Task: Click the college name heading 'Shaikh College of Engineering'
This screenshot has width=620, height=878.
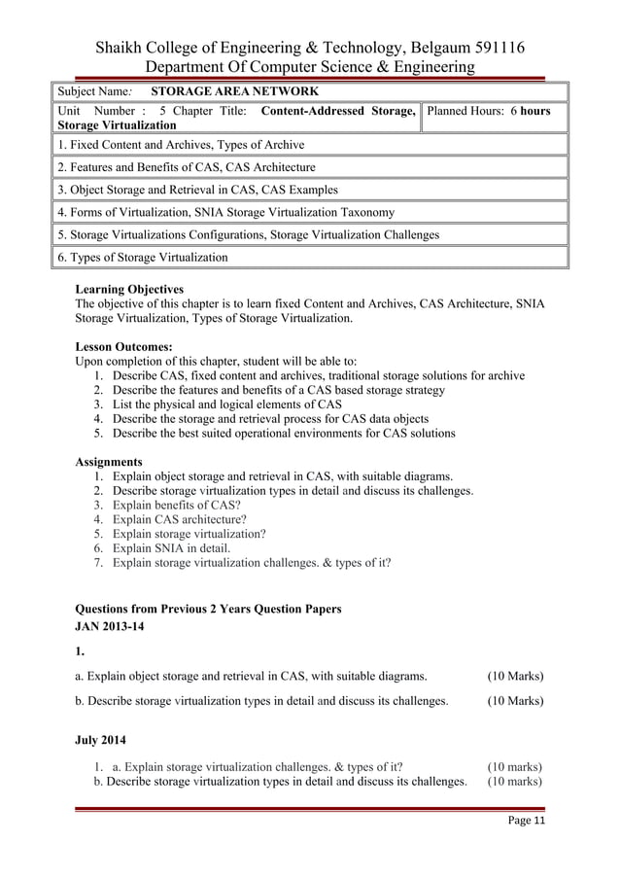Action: [309, 47]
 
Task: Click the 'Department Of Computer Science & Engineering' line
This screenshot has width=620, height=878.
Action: [309, 67]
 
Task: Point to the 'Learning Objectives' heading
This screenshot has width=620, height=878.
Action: [128, 289]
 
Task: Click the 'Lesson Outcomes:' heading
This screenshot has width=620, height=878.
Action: [123, 345]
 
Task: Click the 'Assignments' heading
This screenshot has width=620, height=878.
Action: [109, 461]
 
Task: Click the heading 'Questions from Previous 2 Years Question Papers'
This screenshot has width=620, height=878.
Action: [208, 609]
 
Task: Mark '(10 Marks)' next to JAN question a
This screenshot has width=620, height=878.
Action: [515, 676]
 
